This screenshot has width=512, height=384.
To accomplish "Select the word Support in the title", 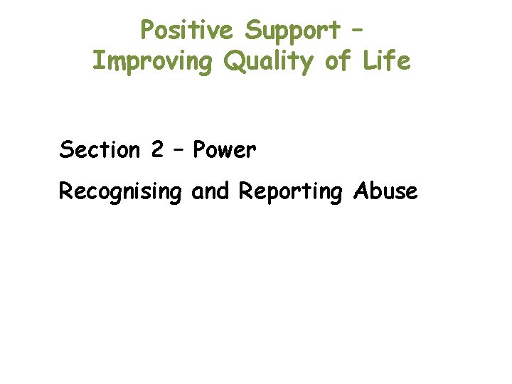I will pyautogui.click(x=292, y=30).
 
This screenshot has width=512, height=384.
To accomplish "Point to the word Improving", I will pyautogui.click(x=152, y=63).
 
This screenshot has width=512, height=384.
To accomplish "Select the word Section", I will pyautogui.click(x=100, y=150).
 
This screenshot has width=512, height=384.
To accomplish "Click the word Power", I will pyautogui.click(x=224, y=150).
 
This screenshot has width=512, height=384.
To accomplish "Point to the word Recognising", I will pyautogui.click(x=120, y=192).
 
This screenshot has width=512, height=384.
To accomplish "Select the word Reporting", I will pyautogui.click(x=290, y=192).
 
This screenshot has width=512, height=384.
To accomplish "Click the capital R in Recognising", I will pyautogui.click(x=65, y=191).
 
